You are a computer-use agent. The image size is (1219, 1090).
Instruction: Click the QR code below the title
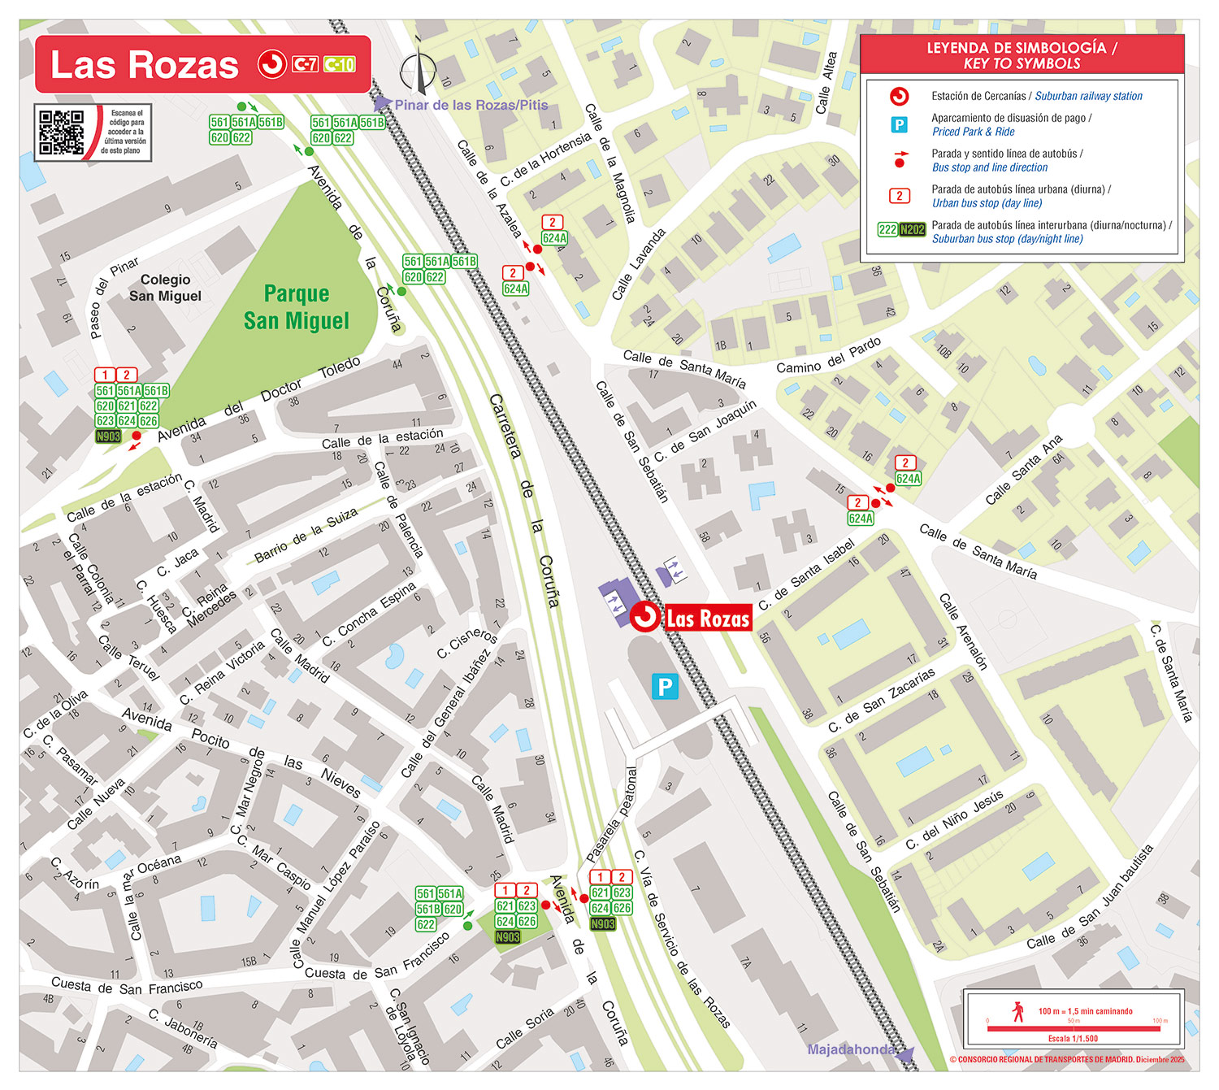(62, 132)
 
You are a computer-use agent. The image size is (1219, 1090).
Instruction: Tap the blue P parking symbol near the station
(665, 687)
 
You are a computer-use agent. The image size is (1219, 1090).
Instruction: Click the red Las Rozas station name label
(707, 619)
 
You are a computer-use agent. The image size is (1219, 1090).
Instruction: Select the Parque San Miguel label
(297, 307)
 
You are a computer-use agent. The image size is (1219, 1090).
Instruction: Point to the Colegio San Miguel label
(165, 288)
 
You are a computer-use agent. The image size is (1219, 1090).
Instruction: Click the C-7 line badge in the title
(306, 64)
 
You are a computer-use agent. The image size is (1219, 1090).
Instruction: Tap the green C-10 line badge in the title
(340, 64)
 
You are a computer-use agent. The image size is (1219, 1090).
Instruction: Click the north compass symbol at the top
(419, 72)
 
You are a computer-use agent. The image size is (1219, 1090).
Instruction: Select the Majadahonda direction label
(850, 1049)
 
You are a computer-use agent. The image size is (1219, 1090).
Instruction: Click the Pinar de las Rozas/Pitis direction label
(471, 105)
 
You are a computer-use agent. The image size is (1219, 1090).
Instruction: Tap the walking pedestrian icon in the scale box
(1018, 1012)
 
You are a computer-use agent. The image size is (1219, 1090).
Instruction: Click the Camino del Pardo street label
(828, 356)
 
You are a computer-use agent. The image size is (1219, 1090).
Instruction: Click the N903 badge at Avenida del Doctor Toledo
(108, 436)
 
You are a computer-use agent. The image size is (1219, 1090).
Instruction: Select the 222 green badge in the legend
(887, 230)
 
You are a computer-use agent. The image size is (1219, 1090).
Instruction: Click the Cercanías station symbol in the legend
(899, 97)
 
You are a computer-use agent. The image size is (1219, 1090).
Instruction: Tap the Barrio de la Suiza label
(306, 536)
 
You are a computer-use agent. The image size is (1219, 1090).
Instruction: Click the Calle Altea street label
(826, 83)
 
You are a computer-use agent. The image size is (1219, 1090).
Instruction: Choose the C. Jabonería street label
(183, 1028)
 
